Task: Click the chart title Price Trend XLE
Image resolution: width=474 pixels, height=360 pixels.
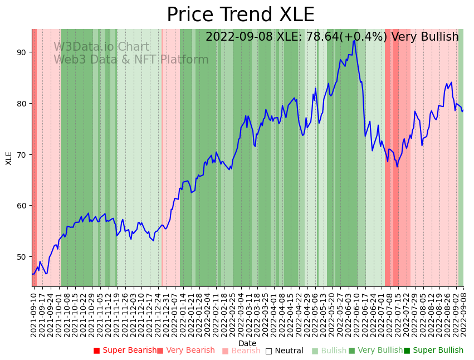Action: pyautogui.click(x=241, y=14)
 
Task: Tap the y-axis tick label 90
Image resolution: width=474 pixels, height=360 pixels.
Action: pyautogui.click(x=21, y=52)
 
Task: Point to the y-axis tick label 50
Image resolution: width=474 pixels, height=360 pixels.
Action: pyautogui.click(x=21, y=257)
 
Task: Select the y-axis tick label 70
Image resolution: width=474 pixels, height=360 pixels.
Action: pyautogui.click(x=21, y=154)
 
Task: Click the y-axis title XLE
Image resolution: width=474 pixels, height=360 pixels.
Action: pyautogui.click(x=9, y=158)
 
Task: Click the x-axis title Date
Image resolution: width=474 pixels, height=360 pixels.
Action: pyautogui.click(x=247, y=343)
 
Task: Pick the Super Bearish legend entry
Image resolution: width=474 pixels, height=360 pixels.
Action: pyautogui.click(x=125, y=351)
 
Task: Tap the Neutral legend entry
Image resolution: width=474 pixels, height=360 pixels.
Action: pyautogui.click(x=284, y=351)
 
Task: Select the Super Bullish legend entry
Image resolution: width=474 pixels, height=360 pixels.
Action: pyautogui.click(x=433, y=351)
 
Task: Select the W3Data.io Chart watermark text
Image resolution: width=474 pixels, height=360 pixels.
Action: pyautogui.click(x=101, y=47)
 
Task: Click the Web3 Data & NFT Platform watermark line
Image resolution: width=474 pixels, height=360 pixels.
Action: pyautogui.click(x=131, y=60)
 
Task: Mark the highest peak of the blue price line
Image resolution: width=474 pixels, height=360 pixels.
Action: pyautogui.click(x=354, y=40)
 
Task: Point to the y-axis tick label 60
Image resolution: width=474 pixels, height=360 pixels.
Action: pyautogui.click(x=21, y=206)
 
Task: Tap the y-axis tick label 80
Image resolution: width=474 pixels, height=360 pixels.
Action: pyautogui.click(x=21, y=104)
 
